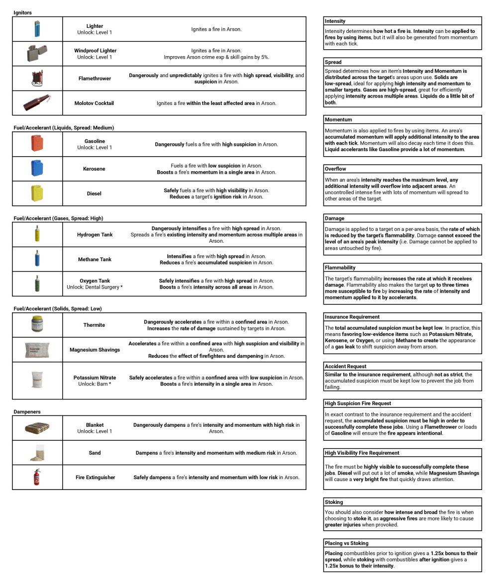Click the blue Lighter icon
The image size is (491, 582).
pos(37,29)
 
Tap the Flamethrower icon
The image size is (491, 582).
pos(37,78)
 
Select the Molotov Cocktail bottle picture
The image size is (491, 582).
pos(37,103)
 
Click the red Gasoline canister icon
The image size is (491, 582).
pos(37,144)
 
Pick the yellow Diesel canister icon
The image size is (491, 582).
pos(37,193)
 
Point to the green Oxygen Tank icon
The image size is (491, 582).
pos(37,284)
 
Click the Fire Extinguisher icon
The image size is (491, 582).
pos(37,477)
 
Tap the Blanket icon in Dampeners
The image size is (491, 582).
pos(37,428)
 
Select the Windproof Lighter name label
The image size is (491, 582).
pos(95,51)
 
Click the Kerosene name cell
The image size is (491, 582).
pos(95,169)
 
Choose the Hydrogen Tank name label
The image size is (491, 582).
pos(95,234)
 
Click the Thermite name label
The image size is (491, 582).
pos(95,325)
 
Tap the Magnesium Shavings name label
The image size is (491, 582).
pos(95,350)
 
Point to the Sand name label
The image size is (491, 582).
pos(95,453)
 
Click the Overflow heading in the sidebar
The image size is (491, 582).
pos(335,169)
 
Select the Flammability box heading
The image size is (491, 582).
pos(340,267)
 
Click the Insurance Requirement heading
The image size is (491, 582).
pos(352,316)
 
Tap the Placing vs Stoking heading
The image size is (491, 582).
pos(346,543)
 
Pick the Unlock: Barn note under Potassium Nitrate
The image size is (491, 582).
pos(95,384)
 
